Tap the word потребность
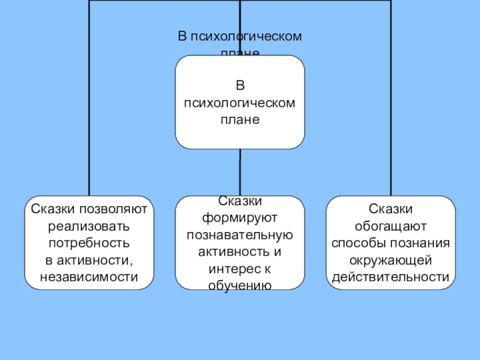pos(89,244)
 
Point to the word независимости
pos(89,277)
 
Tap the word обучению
pos(239,284)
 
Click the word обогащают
pos(390,227)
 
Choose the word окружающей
pos(390,260)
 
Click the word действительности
pos(390,277)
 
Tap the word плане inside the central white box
pos(239,119)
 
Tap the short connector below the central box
pos(240,172)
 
